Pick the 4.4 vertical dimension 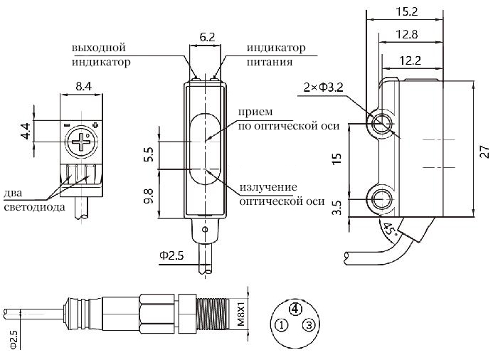coord(26,132)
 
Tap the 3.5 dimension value coord(336,208)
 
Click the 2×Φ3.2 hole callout coord(324,88)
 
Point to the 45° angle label coord(389,229)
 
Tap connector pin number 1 coord(282,325)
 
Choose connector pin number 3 coord(308,325)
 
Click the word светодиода coord(34,207)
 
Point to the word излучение coord(267,187)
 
